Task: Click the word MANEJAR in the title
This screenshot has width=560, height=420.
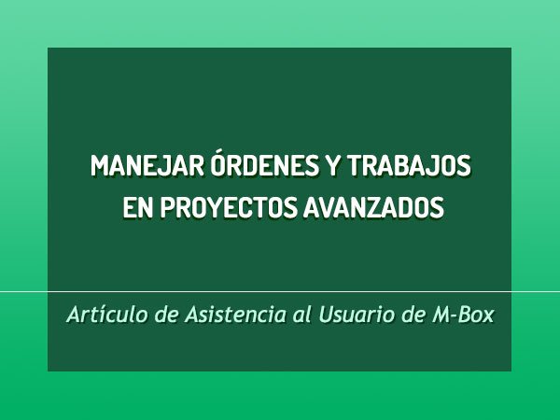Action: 147,166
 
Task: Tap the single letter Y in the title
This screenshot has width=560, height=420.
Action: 332,166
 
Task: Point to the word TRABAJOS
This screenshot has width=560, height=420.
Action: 410,166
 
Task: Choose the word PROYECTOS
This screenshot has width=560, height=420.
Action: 229,207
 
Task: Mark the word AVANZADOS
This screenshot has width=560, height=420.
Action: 373,207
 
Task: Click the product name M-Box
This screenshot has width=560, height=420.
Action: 463,315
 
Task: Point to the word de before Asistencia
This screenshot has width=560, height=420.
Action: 166,315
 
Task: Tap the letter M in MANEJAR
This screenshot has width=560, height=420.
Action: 99,166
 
